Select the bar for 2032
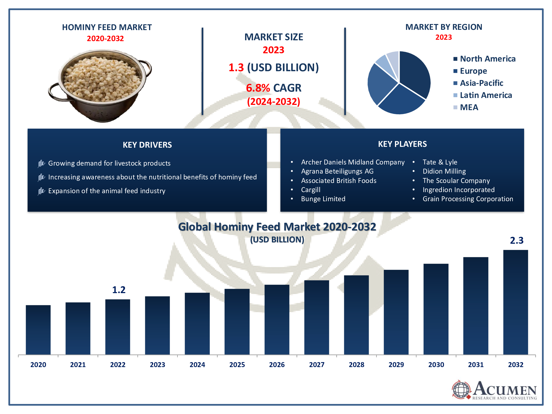[x=515, y=302]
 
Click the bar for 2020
[x=38, y=330]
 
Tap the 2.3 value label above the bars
[x=517, y=240]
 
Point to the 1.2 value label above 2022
[x=119, y=290]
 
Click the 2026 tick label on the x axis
[x=277, y=365]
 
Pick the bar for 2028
[x=356, y=315]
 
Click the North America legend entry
[x=487, y=59]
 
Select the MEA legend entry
[x=469, y=107]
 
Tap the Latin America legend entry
[x=486, y=95]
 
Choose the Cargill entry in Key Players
[x=311, y=190]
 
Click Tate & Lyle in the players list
[x=440, y=162]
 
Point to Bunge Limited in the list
[x=323, y=199]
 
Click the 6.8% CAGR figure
[x=258, y=88]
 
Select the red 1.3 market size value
[x=236, y=68]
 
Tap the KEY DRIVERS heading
[x=147, y=145]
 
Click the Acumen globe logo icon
[x=461, y=390]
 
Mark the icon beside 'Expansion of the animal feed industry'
[x=41, y=191]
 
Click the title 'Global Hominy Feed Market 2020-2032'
[x=277, y=227]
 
